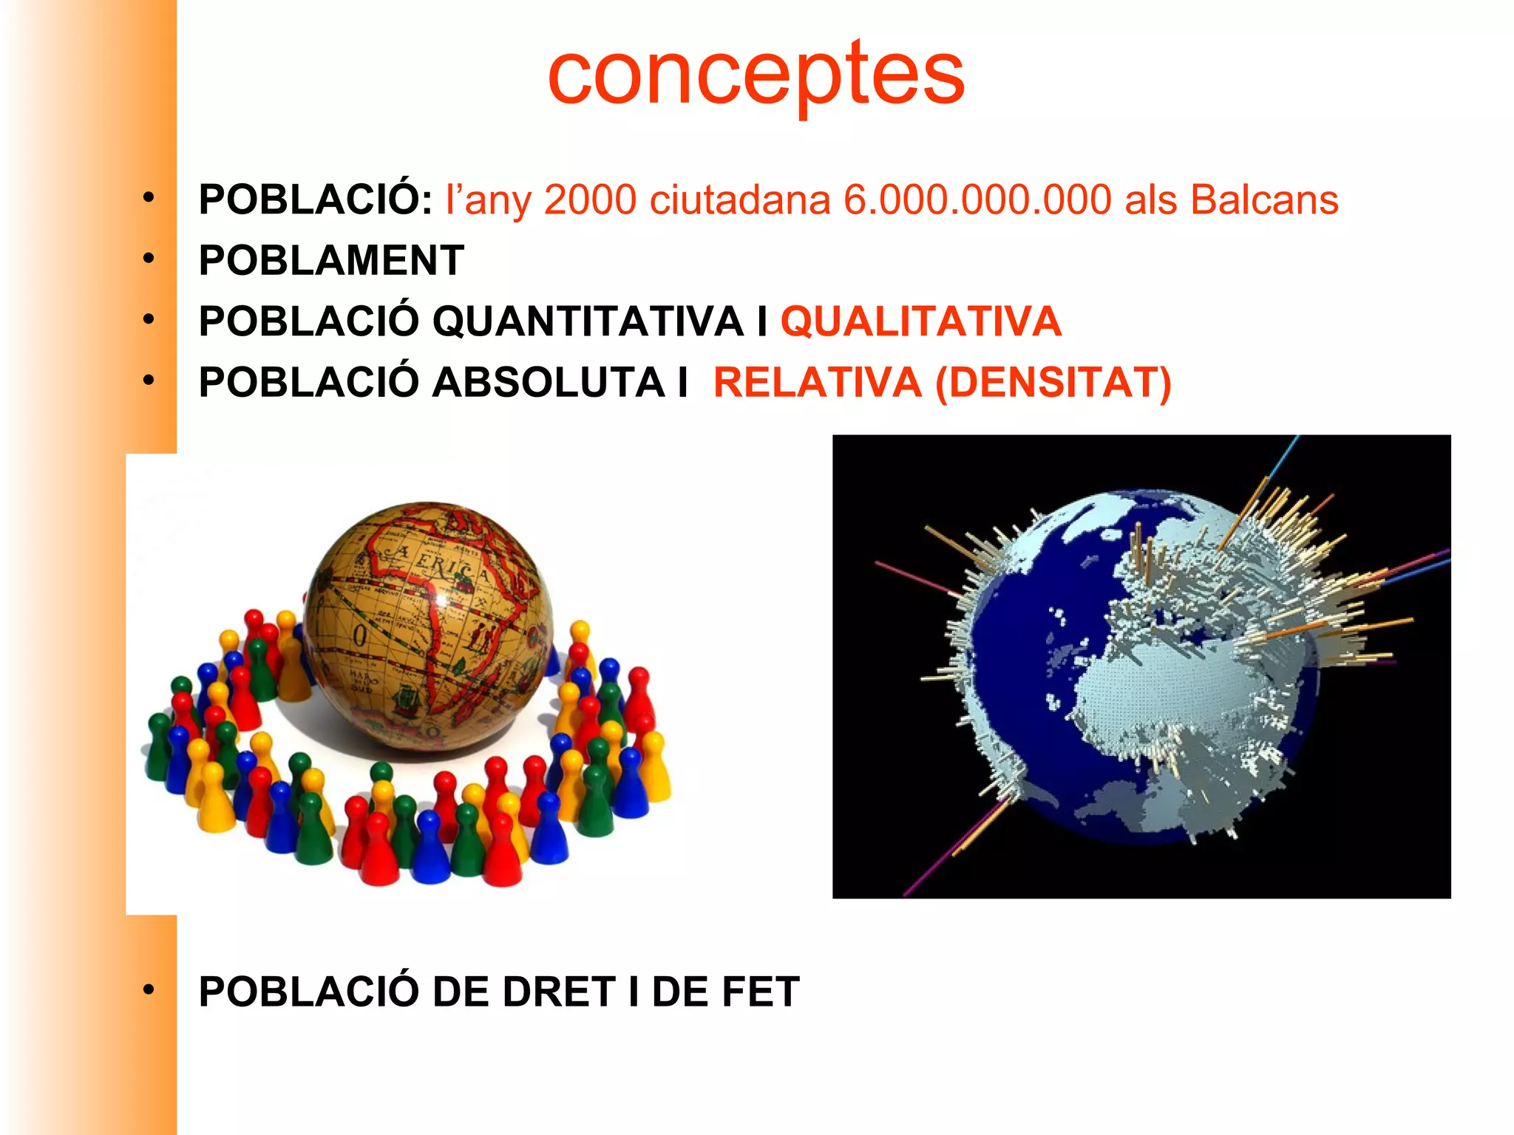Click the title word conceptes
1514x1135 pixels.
756,74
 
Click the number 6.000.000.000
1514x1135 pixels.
977,200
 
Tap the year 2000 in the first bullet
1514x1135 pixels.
590,200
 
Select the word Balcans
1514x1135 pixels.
1264,200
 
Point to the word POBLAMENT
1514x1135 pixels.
331,261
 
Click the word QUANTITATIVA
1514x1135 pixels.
588,321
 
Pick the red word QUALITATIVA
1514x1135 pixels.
921,321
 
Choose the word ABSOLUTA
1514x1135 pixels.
549,383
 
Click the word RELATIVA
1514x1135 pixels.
817,383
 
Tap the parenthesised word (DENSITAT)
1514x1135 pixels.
1053,383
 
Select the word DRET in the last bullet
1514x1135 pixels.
559,992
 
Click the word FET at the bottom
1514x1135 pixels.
761,992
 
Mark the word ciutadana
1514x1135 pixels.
740,200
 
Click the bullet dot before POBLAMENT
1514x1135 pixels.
149,259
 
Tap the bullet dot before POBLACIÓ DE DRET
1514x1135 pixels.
149,989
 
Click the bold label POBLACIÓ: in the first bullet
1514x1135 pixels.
316,200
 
